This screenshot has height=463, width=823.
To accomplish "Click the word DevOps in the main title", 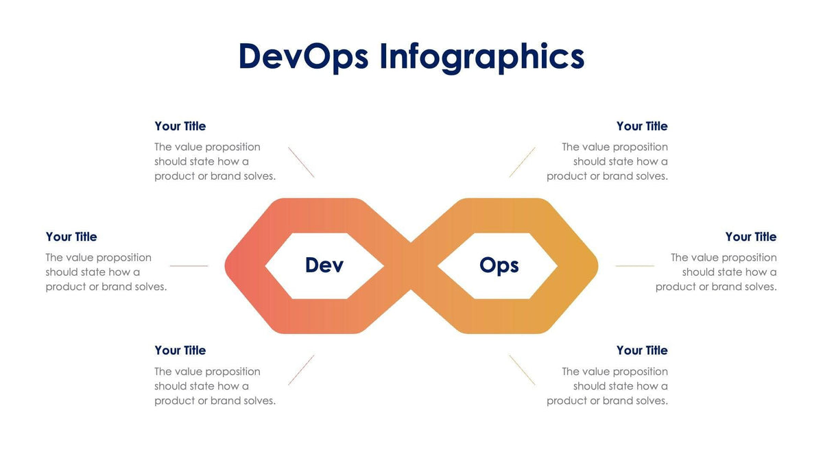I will coord(303,56).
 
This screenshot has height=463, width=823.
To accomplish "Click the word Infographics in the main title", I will coord(481,56).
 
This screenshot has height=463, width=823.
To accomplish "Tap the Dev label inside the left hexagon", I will coord(324,265).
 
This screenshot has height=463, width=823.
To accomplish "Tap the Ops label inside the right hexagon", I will coord(499,265).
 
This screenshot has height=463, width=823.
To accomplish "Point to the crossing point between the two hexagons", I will coord(411,266).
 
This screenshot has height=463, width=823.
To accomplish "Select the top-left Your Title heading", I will coord(180,126).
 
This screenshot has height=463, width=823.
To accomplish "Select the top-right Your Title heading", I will coord(642,126).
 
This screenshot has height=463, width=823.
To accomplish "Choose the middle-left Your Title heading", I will coord(71,237).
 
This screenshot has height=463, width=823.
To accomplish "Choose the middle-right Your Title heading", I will coord(751,237).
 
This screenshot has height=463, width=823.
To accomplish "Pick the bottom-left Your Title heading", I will coord(180,351).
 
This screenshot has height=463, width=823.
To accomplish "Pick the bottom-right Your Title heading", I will coord(642,351).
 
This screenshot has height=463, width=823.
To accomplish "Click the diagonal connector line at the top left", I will coord(301,163).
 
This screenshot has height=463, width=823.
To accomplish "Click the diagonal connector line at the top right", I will coord(522,163).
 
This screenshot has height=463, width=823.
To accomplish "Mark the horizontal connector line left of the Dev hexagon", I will coord(189,265).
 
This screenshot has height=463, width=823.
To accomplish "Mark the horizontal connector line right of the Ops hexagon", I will coord(634,265).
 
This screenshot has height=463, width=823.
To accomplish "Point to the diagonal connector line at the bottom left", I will coord(301,370).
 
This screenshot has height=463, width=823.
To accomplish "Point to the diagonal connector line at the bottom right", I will coord(522,370).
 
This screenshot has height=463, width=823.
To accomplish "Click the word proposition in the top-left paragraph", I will coord(232,147).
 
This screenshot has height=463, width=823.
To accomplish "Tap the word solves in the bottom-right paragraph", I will coord(652,401).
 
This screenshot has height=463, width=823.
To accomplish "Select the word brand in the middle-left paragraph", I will coord(117,287).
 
